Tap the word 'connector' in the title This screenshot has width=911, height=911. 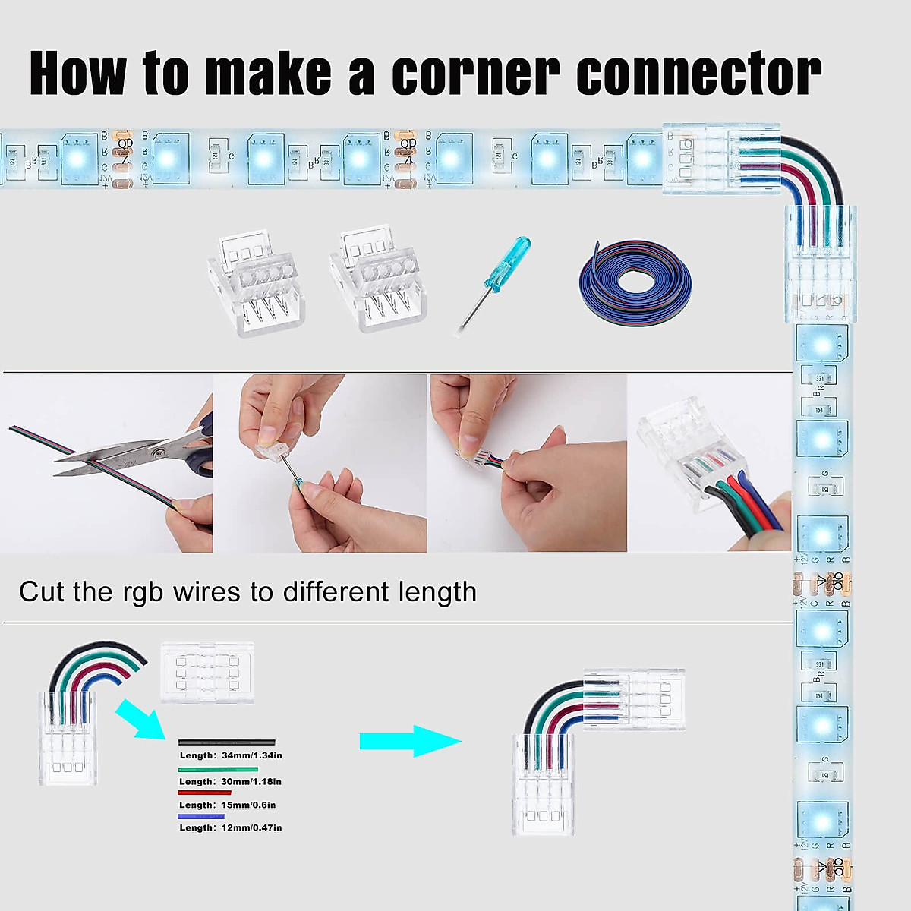[x=698, y=74]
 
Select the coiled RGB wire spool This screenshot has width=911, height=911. [x=635, y=277]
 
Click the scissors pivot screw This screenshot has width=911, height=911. [x=157, y=453]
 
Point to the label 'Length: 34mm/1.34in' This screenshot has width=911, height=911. [x=231, y=755]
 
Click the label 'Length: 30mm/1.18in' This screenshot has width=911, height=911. [x=230, y=781]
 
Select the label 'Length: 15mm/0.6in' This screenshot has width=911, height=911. [x=227, y=805]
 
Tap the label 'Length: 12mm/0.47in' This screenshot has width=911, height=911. [x=230, y=827]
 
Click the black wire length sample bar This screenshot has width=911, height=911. [x=226, y=742]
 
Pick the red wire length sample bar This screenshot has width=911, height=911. [x=203, y=793]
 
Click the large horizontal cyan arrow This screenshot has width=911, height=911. [x=410, y=741]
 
